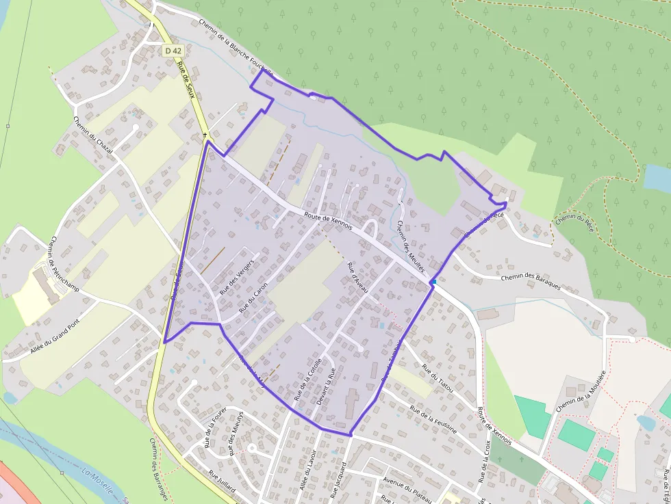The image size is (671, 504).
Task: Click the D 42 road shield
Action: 173,51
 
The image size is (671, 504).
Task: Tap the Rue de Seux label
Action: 186,81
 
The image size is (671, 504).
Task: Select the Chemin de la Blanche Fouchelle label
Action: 236,46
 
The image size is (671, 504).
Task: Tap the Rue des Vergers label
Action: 237,277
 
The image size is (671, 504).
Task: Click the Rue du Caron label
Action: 253,300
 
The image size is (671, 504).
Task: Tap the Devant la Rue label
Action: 326,388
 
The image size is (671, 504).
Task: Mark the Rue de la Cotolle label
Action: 307,380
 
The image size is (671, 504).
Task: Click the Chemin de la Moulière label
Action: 581,392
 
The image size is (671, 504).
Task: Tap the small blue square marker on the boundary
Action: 433,282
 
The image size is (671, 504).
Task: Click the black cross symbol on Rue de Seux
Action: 205,135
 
